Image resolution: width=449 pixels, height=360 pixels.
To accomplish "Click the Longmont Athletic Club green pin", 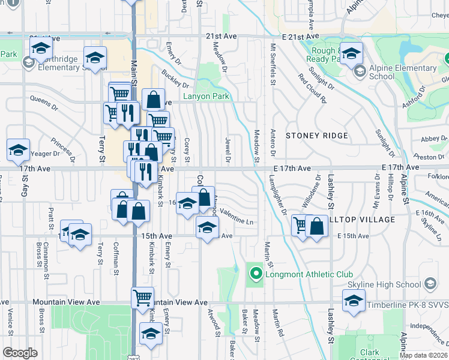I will (x=256, y=275).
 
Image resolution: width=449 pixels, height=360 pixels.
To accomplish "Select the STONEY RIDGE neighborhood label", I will (x=316, y=136).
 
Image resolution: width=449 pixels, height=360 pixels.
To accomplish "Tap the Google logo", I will (x=20, y=353).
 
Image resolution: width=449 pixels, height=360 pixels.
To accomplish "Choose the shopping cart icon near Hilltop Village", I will (x=300, y=225).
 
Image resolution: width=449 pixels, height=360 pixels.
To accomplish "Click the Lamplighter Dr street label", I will (x=278, y=195).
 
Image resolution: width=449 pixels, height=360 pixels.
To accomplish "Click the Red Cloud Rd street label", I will (x=312, y=88).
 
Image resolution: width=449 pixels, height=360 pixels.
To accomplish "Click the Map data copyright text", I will (x=423, y=355).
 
